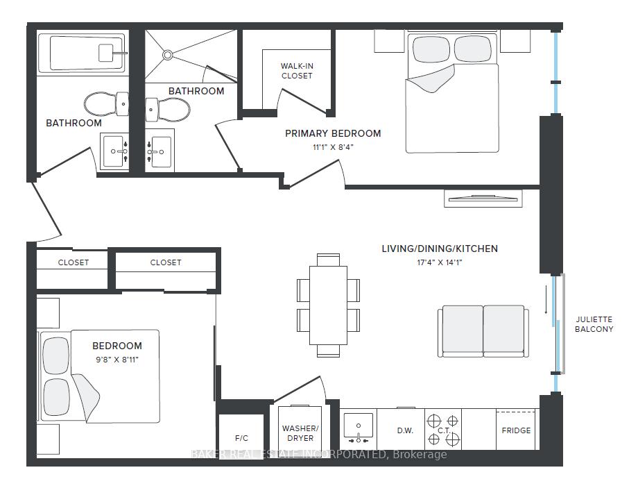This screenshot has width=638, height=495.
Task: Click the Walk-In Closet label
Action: [x=297, y=71]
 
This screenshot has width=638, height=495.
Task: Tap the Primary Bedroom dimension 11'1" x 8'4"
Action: [x=333, y=147]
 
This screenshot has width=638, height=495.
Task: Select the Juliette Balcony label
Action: [x=594, y=324]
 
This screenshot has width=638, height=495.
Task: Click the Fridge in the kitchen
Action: [x=516, y=430]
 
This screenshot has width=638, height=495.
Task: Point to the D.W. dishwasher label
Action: [x=405, y=430]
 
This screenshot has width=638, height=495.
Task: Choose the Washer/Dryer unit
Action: [x=300, y=428]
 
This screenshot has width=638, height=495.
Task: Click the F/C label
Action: [x=241, y=438]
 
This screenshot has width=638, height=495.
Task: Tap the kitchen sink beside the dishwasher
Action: [x=358, y=428]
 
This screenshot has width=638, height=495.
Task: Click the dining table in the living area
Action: [x=328, y=305]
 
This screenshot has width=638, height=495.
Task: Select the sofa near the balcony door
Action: [x=483, y=331]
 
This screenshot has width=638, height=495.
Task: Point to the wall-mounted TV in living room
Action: [x=483, y=199]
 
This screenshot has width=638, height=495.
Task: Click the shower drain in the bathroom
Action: [x=168, y=55]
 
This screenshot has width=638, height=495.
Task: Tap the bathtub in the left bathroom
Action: [x=81, y=53]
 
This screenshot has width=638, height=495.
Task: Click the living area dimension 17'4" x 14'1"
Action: [x=440, y=262]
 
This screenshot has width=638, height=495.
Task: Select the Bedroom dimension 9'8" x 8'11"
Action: [x=117, y=360]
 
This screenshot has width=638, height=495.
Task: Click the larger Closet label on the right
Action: [x=166, y=262]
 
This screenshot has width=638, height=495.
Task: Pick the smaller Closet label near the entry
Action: [x=74, y=262]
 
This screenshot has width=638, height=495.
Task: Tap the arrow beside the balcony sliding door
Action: [x=546, y=300]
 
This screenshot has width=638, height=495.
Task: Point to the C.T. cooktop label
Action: [x=444, y=430]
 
